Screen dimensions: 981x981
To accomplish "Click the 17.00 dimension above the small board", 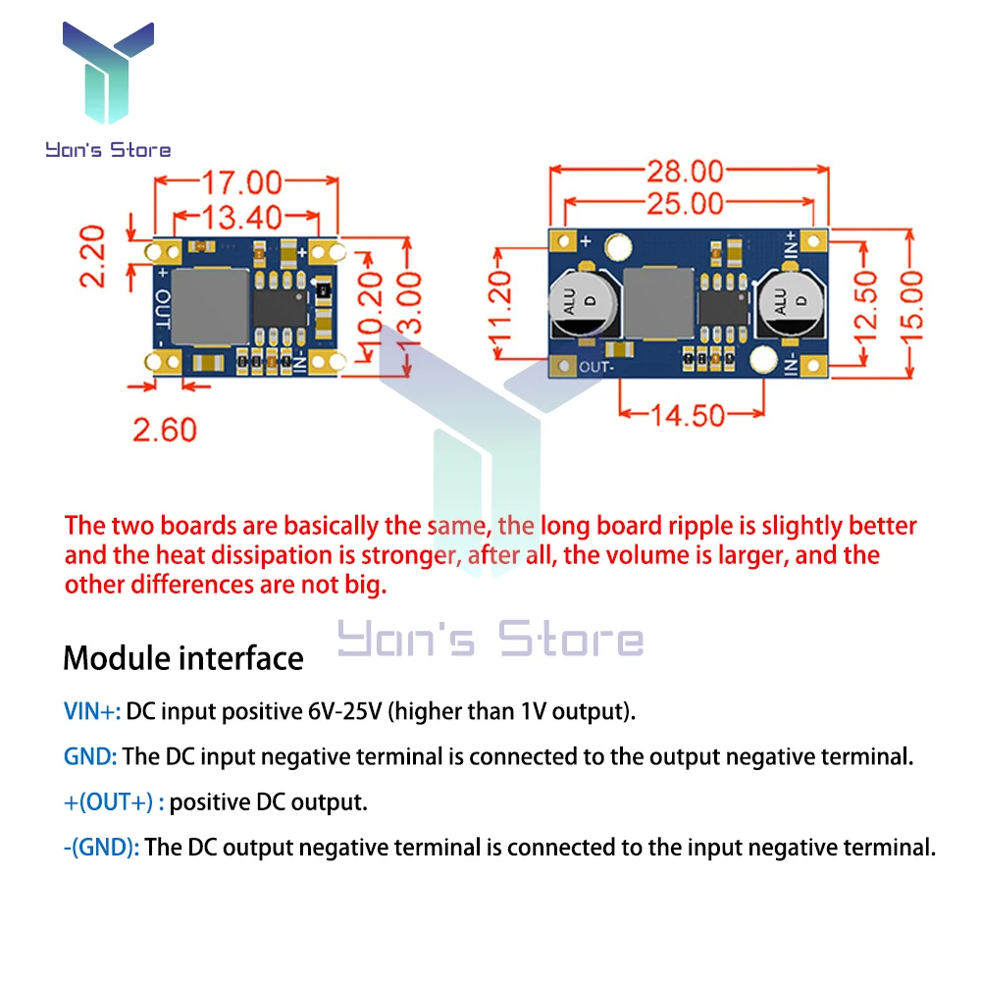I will [241, 182].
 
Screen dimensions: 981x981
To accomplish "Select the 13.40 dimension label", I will [241, 217].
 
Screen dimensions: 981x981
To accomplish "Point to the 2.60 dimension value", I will [165, 430].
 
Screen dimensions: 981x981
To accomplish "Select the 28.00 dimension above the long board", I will [685, 173].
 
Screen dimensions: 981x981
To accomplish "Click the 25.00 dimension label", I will [685, 204].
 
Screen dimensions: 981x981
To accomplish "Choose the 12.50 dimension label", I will [865, 304].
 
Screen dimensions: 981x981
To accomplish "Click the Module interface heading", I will [183, 658].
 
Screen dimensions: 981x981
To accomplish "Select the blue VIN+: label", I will [92, 711].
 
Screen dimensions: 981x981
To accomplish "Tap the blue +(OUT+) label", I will [109, 802].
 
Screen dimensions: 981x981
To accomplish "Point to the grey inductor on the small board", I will [209, 307].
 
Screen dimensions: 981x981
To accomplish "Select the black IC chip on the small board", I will [281, 309].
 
